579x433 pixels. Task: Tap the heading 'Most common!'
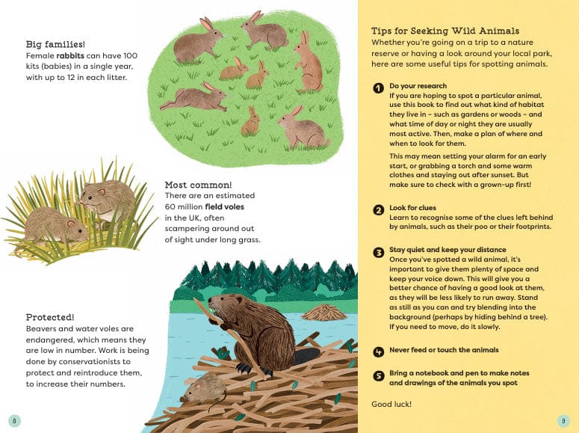tap(198, 185)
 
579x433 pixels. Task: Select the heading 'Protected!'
tap(50, 317)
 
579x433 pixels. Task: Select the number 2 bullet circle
tap(379, 209)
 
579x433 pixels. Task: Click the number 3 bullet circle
tap(379, 251)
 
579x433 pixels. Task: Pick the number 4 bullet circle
tap(379, 351)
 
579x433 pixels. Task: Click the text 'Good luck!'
tap(391, 405)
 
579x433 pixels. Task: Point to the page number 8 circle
tap(14, 420)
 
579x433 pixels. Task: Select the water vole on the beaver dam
tap(203, 388)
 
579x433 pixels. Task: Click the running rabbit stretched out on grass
tap(193, 98)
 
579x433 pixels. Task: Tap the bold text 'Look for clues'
tap(412, 208)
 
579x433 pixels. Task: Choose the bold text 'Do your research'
tap(417, 87)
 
